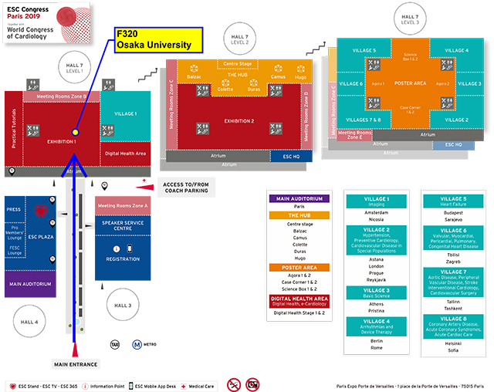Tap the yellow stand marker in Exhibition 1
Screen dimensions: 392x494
[x=75, y=131]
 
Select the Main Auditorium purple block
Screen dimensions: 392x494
[x=30, y=283]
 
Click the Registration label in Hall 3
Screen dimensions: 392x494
[x=122, y=259]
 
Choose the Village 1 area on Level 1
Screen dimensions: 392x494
[x=125, y=114]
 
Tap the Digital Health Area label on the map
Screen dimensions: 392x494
[x=125, y=153]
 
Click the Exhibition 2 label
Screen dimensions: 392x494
[x=239, y=121]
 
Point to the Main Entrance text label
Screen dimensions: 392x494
[x=74, y=363]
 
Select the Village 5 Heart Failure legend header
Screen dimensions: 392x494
[x=453, y=202]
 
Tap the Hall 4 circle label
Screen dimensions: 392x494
[x=29, y=322]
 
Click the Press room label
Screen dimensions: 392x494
[x=13, y=208]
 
